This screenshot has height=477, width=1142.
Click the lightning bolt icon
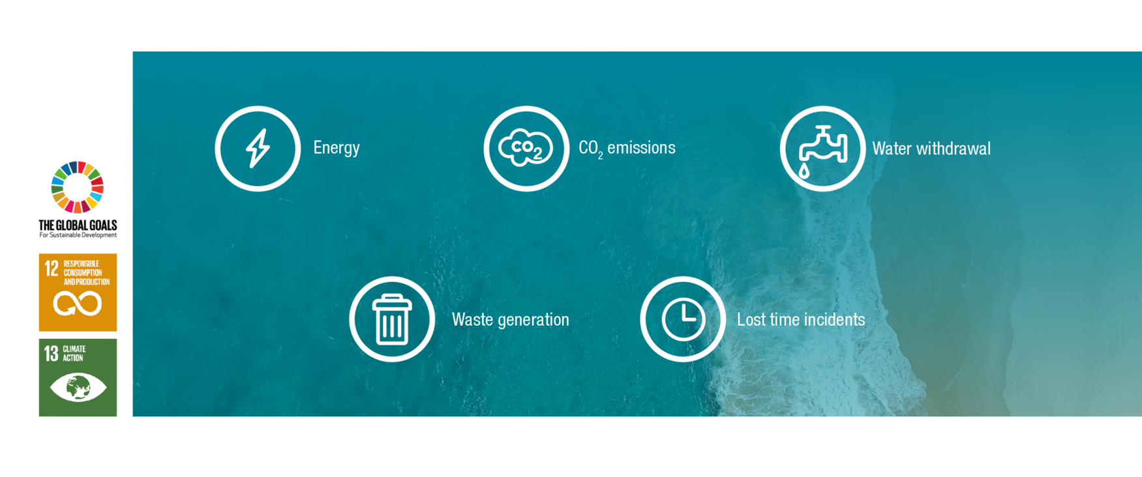(258, 149)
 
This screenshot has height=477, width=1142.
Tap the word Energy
(337, 148)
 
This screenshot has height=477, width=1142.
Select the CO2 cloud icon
(526, 149)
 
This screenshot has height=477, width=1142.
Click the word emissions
(641, 148)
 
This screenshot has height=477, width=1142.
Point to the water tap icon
(823, 145)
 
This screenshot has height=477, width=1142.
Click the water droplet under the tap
(804, 171)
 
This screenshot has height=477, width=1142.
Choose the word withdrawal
(954, 149)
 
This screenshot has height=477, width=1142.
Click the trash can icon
(391, 319)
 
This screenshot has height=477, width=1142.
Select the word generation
(533, 321)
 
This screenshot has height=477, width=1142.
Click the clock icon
(683, 319)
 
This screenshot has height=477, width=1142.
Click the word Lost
(751, 319)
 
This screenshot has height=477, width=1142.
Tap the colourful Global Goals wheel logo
(78, 187)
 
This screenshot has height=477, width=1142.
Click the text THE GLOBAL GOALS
(78, 225)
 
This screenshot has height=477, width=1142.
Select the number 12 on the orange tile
(52, 268)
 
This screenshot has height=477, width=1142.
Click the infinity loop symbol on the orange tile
(78, 304)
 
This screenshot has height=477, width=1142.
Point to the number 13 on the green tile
(52, 353)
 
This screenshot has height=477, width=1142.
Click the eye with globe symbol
(78, 388)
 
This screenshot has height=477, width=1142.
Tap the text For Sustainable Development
(78, 235)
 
